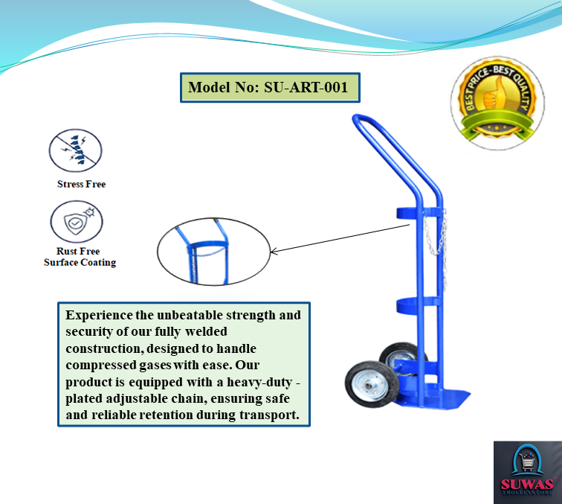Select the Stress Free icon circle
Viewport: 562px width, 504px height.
[x=75, y=150]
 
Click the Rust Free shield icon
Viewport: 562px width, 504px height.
[x=76, y=221]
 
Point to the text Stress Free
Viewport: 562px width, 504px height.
[x=81, y=184]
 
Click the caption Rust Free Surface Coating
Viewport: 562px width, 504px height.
[x=80, y=257]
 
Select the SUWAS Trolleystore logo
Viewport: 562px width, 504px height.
[x=527, y=472]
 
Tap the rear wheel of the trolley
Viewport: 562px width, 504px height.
[x=399, y=359]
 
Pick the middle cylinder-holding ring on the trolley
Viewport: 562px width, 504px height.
[x=417, y=304]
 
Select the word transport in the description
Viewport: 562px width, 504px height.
[x=268, y=415]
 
